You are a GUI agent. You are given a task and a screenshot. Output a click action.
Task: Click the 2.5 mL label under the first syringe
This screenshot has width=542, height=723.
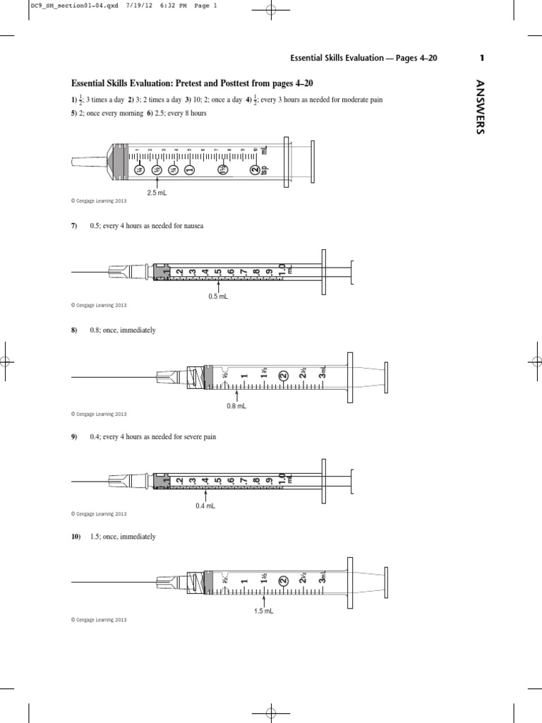[156, 192]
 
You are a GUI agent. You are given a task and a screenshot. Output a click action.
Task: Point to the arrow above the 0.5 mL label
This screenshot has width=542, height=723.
[219, 287]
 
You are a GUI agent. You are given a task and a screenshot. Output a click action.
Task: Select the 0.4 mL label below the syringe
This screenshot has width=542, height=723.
[205, 506]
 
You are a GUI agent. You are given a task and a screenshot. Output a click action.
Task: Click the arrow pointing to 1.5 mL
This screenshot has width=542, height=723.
[263, 601]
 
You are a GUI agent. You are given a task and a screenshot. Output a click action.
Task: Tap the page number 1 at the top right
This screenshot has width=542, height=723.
[481, 58]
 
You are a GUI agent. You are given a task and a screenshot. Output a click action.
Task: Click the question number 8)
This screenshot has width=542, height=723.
[74, 330]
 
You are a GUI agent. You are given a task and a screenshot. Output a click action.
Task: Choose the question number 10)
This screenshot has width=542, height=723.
[76, 537]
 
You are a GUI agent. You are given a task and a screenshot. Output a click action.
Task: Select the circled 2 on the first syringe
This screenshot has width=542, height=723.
[255, 169]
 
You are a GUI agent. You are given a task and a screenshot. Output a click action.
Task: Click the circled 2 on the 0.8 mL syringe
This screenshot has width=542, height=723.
[283, 376]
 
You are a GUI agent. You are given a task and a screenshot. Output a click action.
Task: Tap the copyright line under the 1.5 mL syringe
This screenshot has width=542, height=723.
[99, 619]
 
